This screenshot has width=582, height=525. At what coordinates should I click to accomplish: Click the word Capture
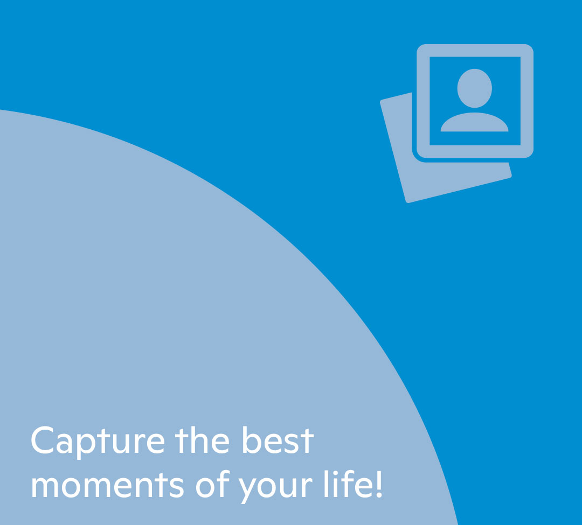click(98, 442)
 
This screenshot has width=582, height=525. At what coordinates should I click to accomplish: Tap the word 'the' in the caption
click(202, 440)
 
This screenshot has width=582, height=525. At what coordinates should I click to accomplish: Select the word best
click(278, 440)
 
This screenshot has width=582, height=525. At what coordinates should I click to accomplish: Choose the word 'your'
click(275, 488)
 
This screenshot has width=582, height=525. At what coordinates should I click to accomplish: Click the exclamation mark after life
click(379, 484)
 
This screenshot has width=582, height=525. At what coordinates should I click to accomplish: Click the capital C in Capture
click(43, 440)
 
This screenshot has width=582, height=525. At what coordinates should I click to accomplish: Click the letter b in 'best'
click(252, 440)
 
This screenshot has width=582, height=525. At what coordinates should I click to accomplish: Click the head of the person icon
click(474, 88)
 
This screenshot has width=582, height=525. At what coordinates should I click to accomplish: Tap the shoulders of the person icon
click(474, 122)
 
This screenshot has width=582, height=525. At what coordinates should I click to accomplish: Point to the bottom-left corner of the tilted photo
click(407, 202)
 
